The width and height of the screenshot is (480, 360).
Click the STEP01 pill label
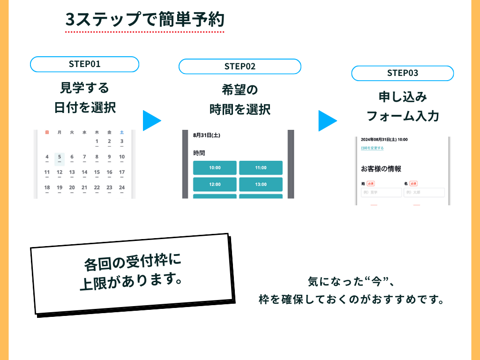(x=84, y=64)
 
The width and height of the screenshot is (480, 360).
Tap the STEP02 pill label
(x=240, y=66)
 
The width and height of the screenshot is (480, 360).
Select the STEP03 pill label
(x=402, y=73)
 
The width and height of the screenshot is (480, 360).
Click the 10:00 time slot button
(x=215, y=168)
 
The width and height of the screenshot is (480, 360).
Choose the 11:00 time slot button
(x=261, y=168)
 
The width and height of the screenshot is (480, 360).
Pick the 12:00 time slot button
(x=215, y=184)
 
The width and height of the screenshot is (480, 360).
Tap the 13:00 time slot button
(x=261, y=184)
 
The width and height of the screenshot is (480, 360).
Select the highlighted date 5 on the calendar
(x=60, y=157)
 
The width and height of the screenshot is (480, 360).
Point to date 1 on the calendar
(x=97, y=142)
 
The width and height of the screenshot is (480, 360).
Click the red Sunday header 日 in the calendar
(x=47, y=133)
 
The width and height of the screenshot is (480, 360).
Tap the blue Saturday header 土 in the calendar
(x=122, y=133)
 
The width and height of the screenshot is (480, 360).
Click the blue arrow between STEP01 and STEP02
(x=151, y=120)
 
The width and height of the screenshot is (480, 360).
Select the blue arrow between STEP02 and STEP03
(x=327, y=120)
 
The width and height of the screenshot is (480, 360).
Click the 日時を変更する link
(x=372, y=148)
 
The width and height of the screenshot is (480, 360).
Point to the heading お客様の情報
(x=381, y=169)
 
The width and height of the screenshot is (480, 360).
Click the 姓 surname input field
(x=381, y=193)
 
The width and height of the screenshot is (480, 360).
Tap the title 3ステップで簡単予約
(x=145, y=20)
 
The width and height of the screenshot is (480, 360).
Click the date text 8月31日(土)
(x=207, y=135)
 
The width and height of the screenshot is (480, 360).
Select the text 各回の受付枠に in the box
(x=132, y=262)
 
